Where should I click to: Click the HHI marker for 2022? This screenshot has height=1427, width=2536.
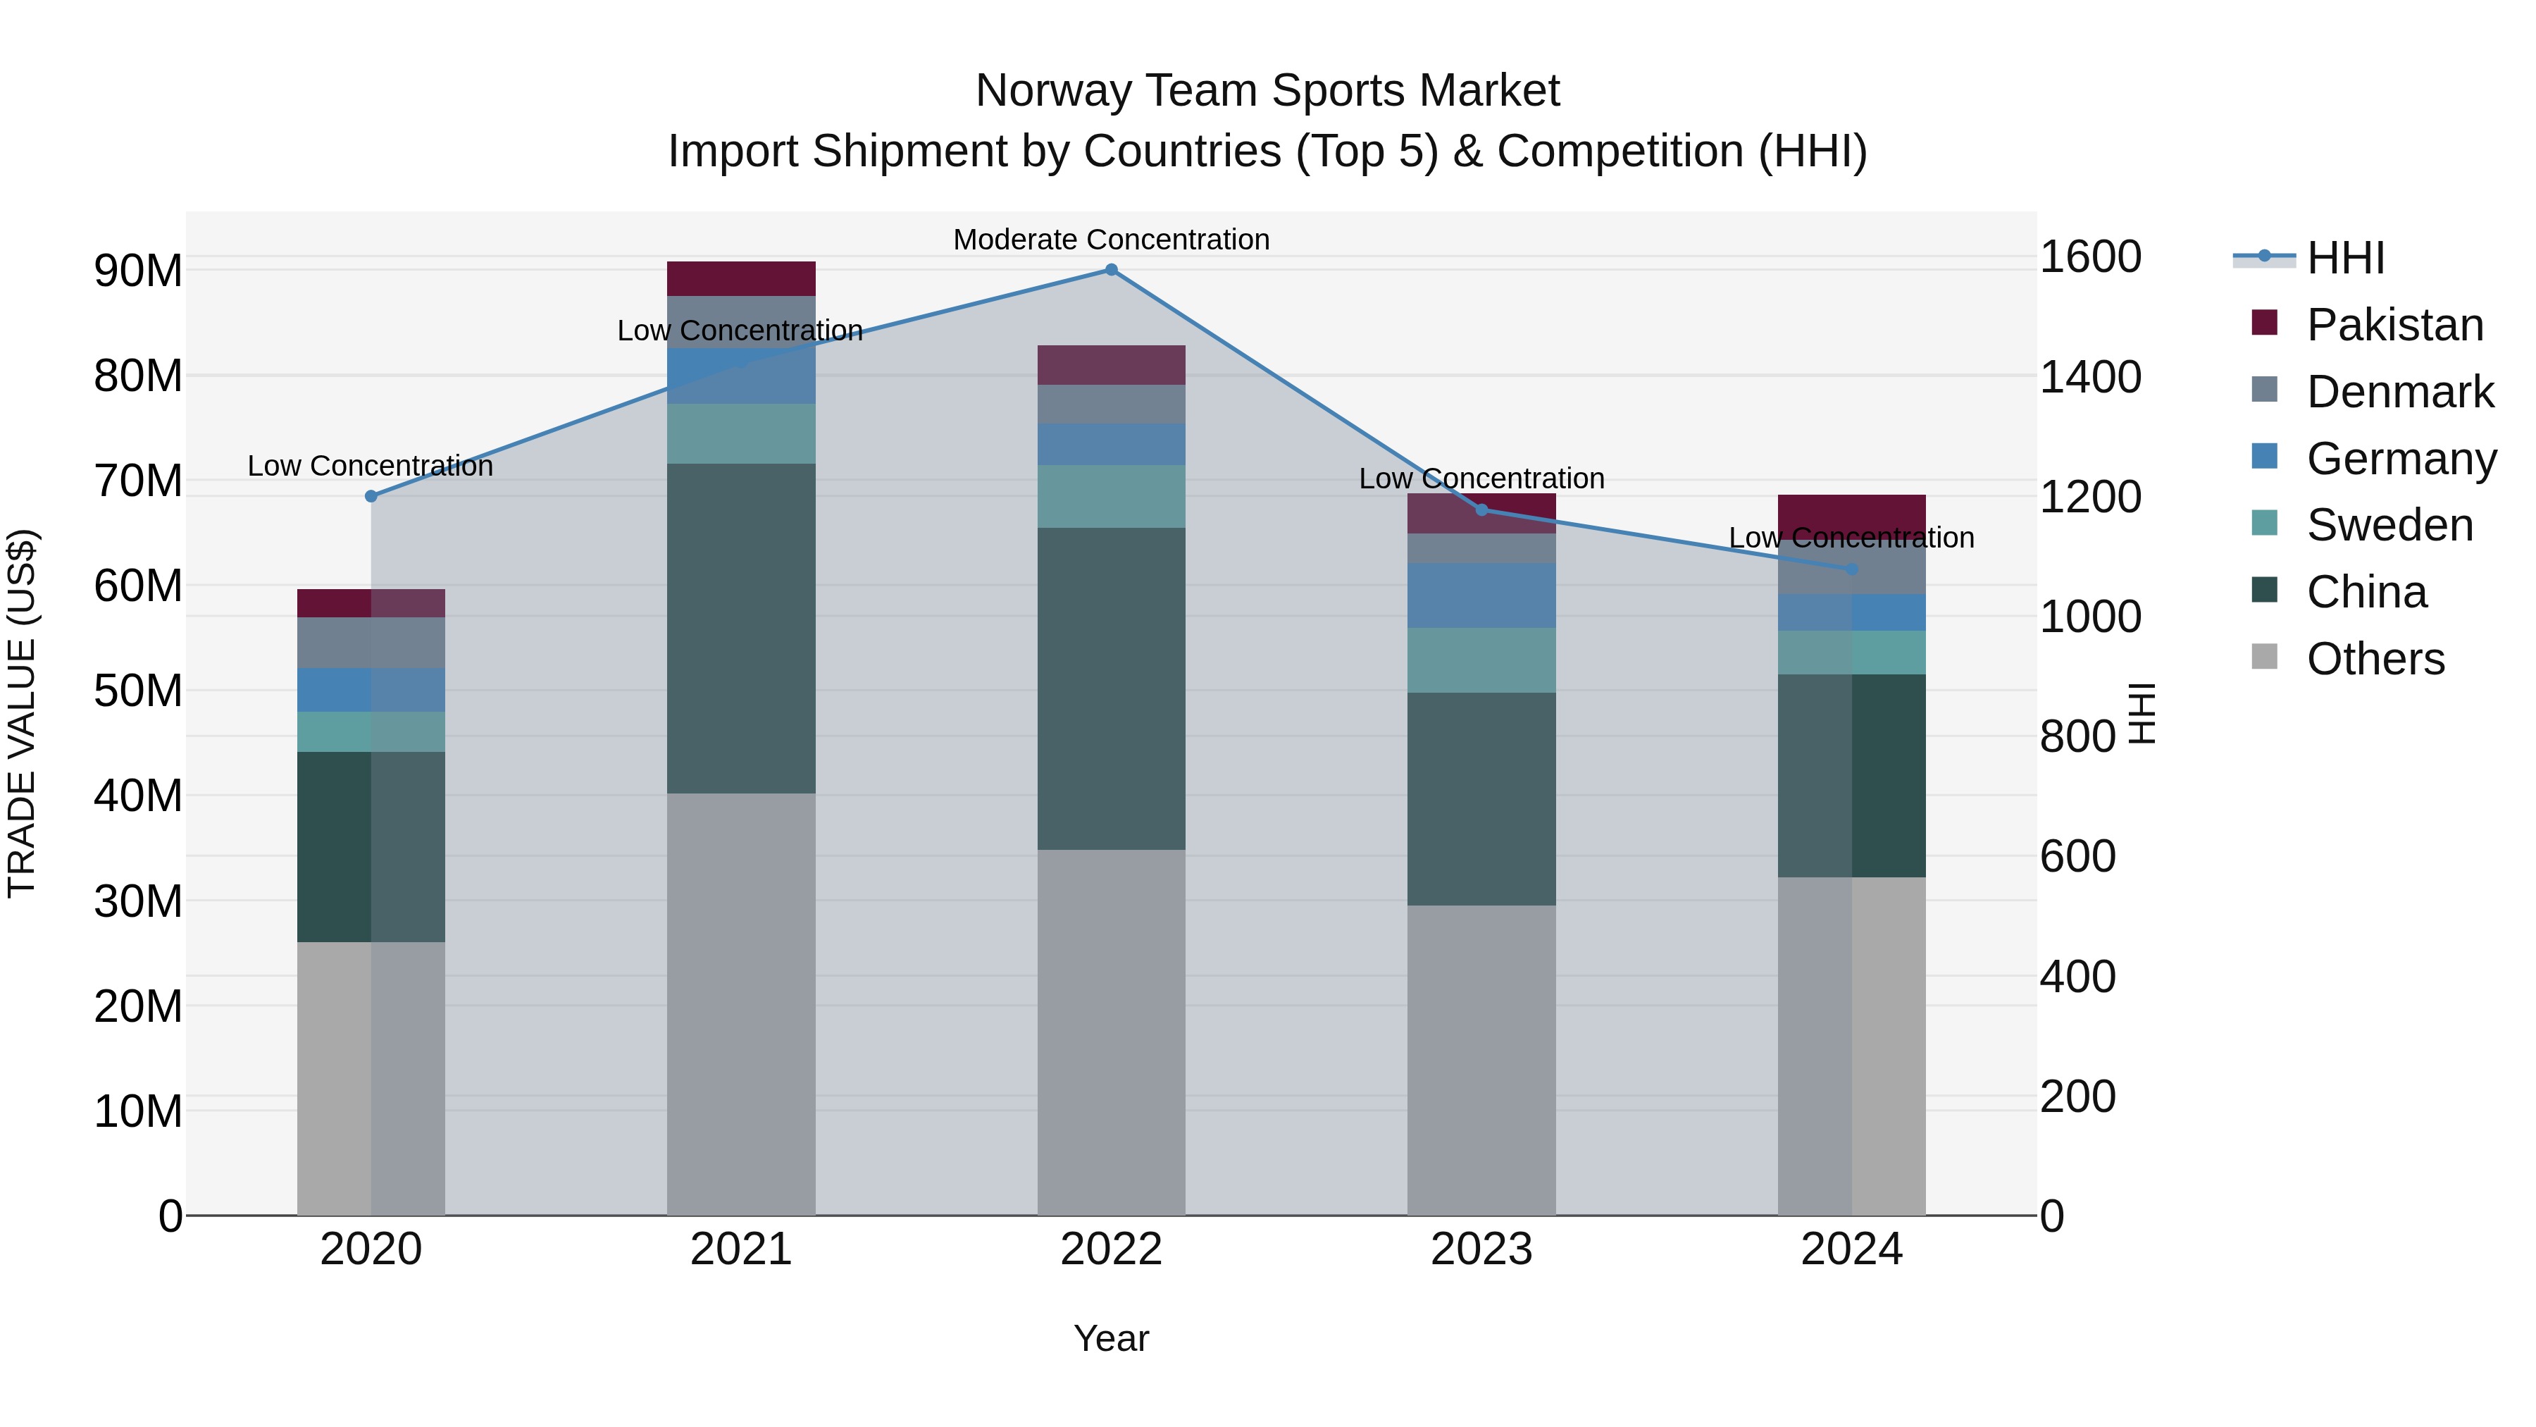[1112, 270]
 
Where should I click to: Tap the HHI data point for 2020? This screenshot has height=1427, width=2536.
[371, 496]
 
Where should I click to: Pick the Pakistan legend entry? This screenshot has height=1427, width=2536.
[2394, 325]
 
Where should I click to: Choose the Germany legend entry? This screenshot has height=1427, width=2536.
[2400, 459]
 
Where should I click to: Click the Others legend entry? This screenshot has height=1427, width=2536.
[2375, 659]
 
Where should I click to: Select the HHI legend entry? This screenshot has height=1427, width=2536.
[2345, 258]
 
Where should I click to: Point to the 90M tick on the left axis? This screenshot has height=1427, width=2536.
[138, 271]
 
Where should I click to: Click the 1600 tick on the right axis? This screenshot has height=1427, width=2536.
[2090, 257]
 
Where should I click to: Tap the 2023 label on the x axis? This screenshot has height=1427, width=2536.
[1481, 1249]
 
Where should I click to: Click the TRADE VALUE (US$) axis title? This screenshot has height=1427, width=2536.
[22, 713]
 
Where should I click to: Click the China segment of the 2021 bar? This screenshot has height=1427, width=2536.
[740, 629]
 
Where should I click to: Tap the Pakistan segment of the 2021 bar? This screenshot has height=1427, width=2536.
[740, 278]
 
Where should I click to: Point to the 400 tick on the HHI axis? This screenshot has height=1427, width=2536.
[2077, 977]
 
